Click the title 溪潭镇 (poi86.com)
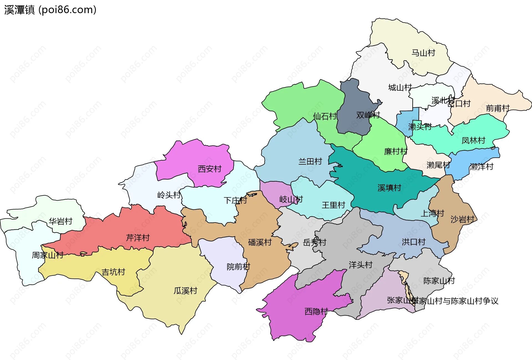tap(50, 10)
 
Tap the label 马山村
tap(423, 53)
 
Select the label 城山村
tap(400, 88)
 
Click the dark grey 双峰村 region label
tap(368, 115)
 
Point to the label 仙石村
tap(324, 116)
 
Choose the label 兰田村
tap(310, 161)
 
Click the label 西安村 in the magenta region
tap(209, 169)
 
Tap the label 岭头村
tap(169, 195)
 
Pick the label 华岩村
tap(60, 221)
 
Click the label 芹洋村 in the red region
tap(138, 238)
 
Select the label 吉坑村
tap(113, 272)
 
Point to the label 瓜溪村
tap(185, 291)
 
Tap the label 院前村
tap(238, 267)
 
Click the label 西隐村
tap(316, 312)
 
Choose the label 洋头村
tap(360, 265)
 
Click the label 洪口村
tap(413, 242)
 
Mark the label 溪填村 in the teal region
tap(389, 188)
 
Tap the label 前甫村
tap(498, 108)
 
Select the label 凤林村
tap(473, 141)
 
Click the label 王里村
tap(333, 205)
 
